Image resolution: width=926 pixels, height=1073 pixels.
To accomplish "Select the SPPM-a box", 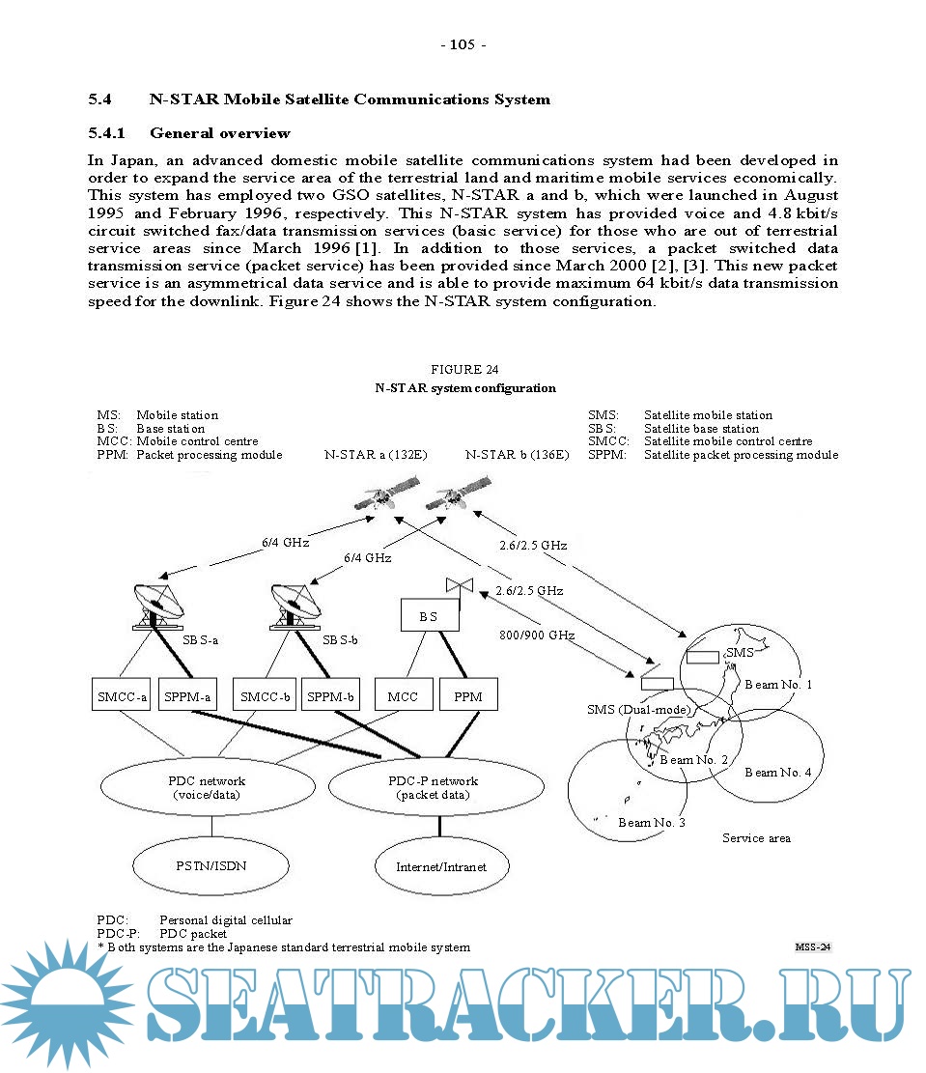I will [188, 696].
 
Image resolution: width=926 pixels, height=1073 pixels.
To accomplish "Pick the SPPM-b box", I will [331, 696].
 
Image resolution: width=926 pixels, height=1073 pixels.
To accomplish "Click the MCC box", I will [403, 696].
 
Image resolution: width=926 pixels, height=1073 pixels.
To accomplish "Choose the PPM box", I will [467, 696].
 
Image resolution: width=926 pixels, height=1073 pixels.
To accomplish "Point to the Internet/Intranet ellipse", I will [440, 866].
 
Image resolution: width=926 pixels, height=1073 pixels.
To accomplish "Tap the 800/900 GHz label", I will [537, 635].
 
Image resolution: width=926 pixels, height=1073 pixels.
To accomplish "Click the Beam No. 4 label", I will [777, 773].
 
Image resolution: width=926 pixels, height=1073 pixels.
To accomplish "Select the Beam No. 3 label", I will [652, 823].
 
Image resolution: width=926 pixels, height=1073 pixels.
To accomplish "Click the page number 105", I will [463, 45].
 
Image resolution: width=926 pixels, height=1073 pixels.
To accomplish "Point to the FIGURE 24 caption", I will [464, 370].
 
